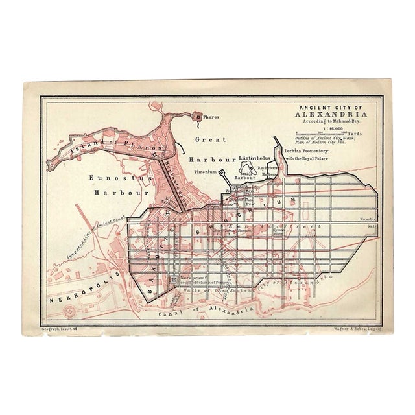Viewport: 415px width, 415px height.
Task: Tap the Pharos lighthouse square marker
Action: click(198, 117)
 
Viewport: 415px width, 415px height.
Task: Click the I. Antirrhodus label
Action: click(257, 158)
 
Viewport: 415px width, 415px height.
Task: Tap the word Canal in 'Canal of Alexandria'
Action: click(171, 313)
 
